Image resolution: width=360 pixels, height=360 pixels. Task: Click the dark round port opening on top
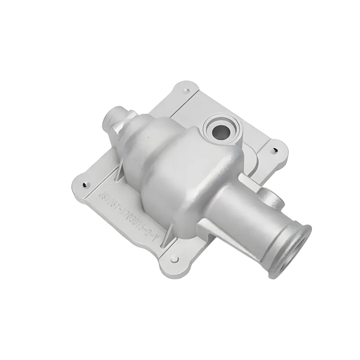point(220,130)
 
